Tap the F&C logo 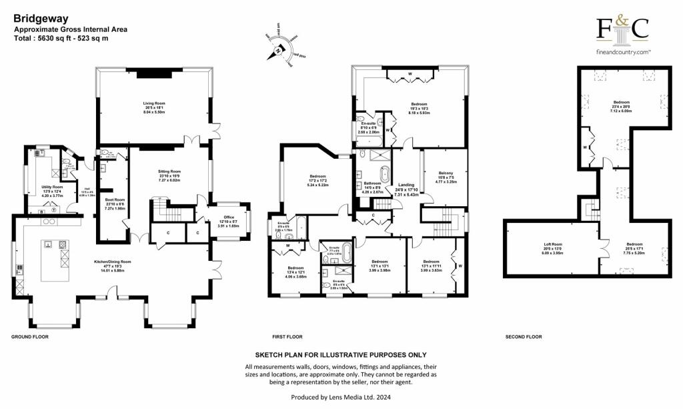[622, 31]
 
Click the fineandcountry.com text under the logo [622, 52]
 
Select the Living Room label [154, 104]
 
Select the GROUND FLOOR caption [30, 337]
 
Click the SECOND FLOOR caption [522, 337]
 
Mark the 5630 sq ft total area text [61, 39]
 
